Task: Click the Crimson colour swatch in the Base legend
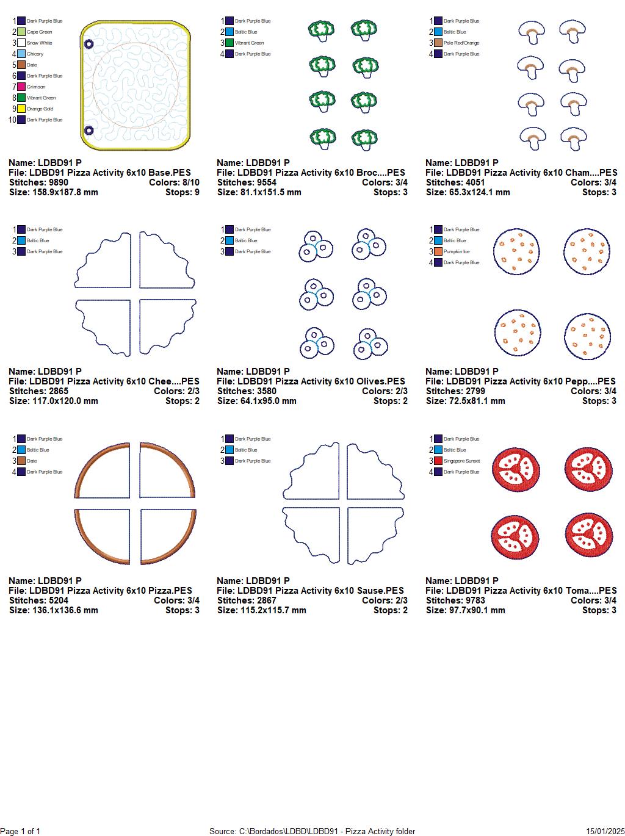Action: click(x=21, y=87)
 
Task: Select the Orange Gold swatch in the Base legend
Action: click(x=21, y=109)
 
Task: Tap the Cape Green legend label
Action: click(x=39, y=32)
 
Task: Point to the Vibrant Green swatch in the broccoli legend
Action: click(x=229, y=43)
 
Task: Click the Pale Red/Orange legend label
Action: click(x=461, y=43)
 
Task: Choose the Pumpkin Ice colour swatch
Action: click(x=438, y=251)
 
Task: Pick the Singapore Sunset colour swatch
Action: click(x=438, y=461)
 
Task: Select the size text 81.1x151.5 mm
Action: click(x=259, y=192)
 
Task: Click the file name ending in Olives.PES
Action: click(x=311, y=381)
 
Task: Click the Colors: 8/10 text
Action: click(x=174, y=182)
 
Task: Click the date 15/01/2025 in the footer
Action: click(x=605, y=831)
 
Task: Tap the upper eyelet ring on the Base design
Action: click(x=89, y=44)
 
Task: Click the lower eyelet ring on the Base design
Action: click(x=89, y=130)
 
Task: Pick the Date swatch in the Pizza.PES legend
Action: click(x=21, y=461)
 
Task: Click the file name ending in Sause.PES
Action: click(x=310, y=591)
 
